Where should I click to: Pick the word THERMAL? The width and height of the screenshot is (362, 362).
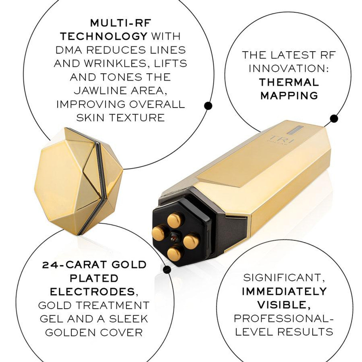(x=289, y=82)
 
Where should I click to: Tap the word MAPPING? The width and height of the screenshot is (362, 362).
(x=289, y=96)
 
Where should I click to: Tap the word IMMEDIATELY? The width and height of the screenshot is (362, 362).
(x=284, y=291)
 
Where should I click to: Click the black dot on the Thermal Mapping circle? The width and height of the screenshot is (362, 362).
(x=334, y=118)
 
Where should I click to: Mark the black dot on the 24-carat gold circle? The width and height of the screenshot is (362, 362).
(x=167, y=270)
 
